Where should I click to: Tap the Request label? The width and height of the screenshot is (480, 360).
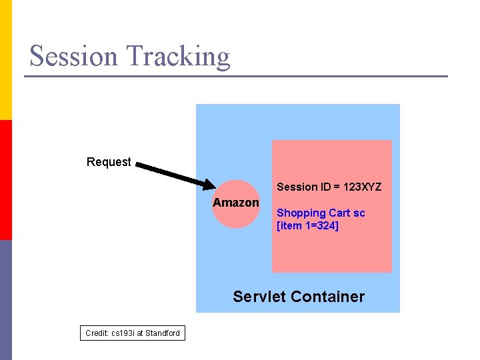point(109,162)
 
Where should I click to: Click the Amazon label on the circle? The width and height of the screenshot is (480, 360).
point(236,203)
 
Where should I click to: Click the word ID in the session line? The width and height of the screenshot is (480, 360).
point(325,187)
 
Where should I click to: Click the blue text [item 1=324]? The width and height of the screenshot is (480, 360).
point(307,226)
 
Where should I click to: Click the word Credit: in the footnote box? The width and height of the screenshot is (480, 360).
point(97,333)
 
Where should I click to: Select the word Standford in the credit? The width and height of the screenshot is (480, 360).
point(163,333)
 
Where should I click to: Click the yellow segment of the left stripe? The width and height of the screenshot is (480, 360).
point(5,60)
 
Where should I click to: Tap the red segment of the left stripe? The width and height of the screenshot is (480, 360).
point(5,180)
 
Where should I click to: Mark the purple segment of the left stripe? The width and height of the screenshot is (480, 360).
point(5,300)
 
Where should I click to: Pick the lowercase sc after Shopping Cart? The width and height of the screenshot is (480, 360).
point(359,213)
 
